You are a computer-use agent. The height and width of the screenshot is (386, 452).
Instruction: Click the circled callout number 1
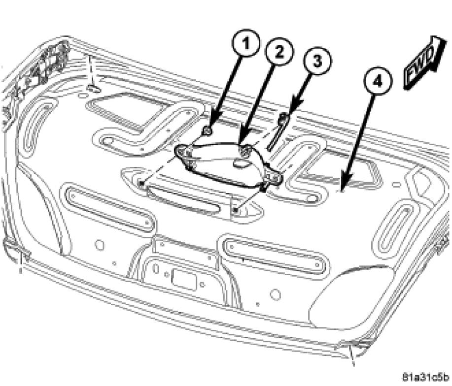click(x=245, y=44)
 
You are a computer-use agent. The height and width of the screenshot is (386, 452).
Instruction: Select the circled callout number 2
click(x=279, y=52)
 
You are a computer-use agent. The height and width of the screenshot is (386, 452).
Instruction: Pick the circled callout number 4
click(x=378, y=81)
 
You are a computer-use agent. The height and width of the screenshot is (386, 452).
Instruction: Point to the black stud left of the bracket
click(x=141, y=183)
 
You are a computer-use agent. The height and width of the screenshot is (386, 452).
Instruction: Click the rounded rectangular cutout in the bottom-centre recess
click(x=183, y=279)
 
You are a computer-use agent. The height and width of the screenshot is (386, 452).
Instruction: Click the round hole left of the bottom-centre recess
click(x=100, y=245)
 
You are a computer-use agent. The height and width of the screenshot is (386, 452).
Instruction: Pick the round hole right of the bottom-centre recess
click(x=276, y=294)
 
